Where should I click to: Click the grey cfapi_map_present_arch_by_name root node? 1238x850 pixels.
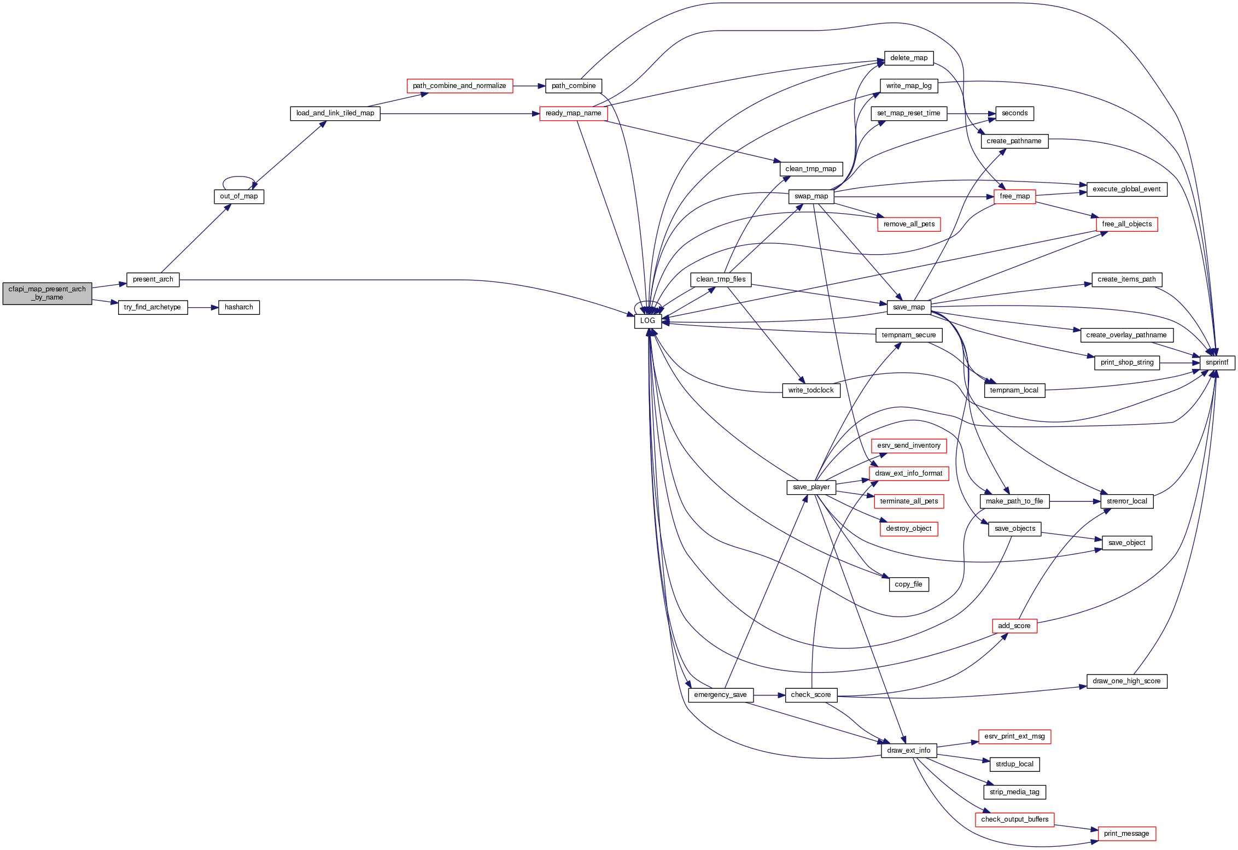(47, 294)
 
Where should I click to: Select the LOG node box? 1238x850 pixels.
(647, 321)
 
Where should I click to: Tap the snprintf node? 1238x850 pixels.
(1217, 362)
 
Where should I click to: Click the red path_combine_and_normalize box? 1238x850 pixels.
(459, 86)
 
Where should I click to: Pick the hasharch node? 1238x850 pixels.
(238, 308)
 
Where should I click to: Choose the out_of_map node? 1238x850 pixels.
(238, 197)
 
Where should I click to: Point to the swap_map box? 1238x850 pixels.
(811, 197)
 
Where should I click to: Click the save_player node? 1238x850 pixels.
(811, 487)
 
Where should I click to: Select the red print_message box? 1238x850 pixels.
(1126, 834)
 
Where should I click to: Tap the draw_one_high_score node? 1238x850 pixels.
(1126, 681)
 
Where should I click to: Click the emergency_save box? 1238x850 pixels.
(720, 695)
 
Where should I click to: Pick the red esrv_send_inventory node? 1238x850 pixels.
(908, 446)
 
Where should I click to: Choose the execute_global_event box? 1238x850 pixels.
(1126, 190)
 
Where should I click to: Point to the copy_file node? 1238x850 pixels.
(908, 584)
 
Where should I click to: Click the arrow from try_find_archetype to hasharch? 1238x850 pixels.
(203, 308)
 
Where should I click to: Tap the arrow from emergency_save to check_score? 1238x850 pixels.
(769, 695)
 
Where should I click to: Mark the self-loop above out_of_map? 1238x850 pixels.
(239, 177)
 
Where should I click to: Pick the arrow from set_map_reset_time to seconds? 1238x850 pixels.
(971, 114)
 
